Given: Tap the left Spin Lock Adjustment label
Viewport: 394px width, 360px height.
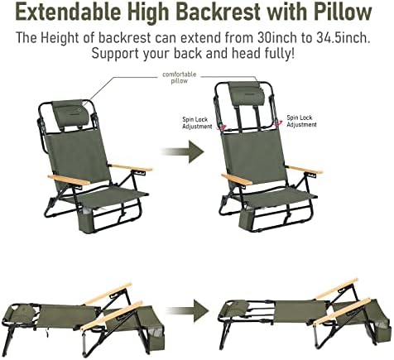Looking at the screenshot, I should tap(197, 121).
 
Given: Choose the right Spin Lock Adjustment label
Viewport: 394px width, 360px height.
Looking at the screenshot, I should tap(300, 121).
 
